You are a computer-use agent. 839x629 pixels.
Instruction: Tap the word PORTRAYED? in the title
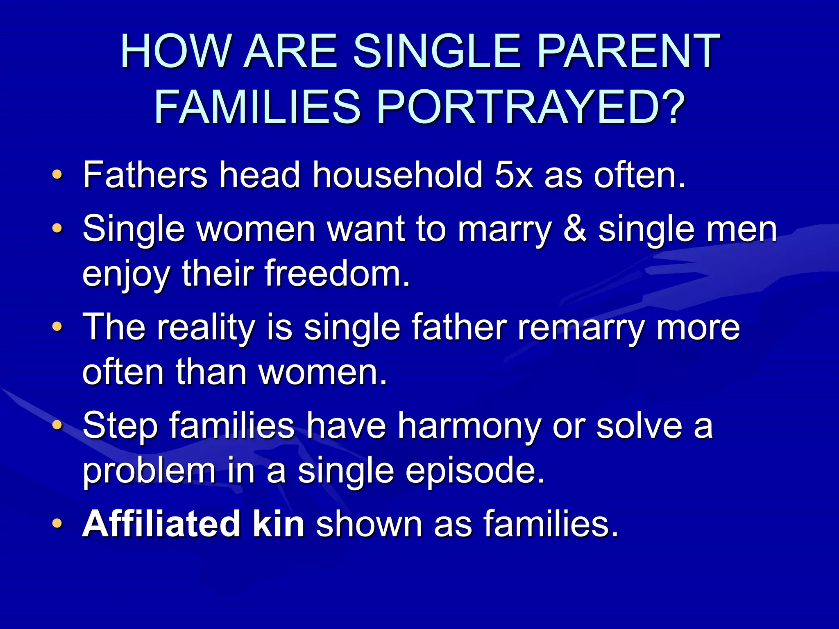click(x=531, y=107)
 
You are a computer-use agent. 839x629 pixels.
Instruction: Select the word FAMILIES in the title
click(x=257, y=107)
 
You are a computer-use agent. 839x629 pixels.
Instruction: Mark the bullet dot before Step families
click(x=58, y=426)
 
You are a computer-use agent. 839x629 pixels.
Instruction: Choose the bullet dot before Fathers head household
click(x=58, y=176)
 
